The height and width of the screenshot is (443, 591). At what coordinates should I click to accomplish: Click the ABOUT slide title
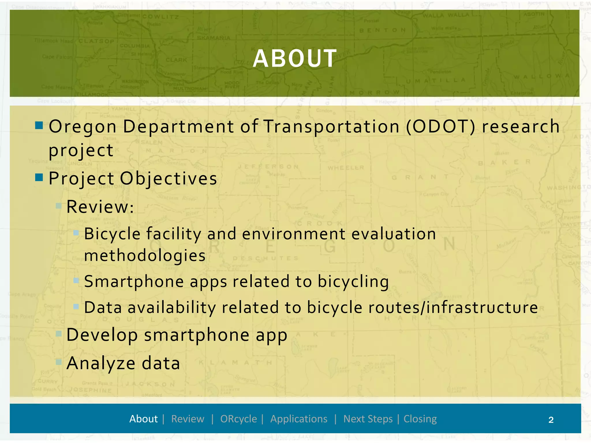pyautogui.click(x=295, y=59)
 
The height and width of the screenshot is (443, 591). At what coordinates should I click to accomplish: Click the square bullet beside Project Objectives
pyautogui.click(x=39, y=177)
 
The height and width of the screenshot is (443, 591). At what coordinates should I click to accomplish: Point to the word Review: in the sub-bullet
pyautogui.click(x=100, y=207)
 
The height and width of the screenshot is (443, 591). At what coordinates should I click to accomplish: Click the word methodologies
pyautogui.click(x=145, y=256)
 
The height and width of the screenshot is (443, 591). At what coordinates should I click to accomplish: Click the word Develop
pyautogui.click(x=102, y=335)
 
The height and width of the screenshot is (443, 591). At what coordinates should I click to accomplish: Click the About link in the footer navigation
pyautogui.click(x=143, y=419)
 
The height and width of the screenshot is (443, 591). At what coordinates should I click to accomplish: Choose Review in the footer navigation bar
pyautogui.click(x=188, y=419)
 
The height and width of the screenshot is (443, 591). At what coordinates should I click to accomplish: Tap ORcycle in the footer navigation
pyautogui.click(x=238, y=419)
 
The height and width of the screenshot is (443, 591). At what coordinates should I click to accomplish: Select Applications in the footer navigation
pyautogui.click(x=299, y=419)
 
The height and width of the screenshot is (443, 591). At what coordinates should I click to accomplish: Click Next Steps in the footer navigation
pyautogui.click(x=368, y=419)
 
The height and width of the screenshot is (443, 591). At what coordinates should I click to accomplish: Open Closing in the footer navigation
pyautogui.click(x=420, y=419)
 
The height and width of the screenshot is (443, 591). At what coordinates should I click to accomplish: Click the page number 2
pyautogui.click(x=551, y=420)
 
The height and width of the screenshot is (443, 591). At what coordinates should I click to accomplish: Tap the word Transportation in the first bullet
pyautogui.click(x=332, y=127)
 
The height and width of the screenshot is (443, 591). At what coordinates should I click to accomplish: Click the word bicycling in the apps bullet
pyautogui.click(x=353, y=281)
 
